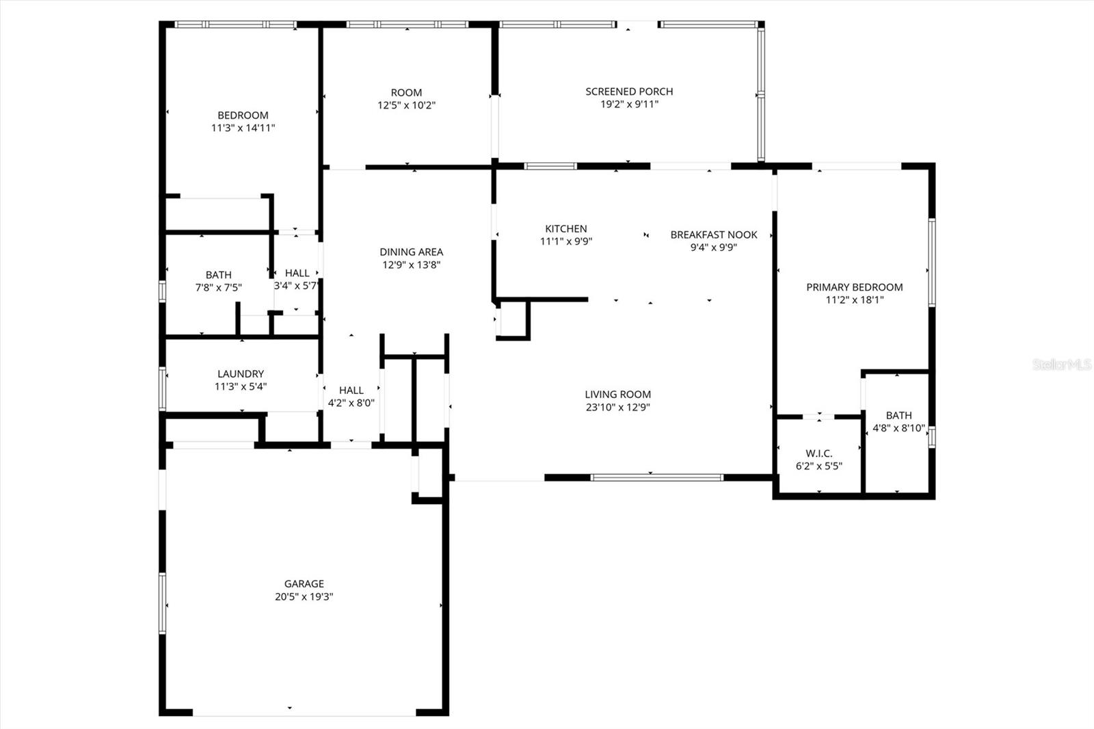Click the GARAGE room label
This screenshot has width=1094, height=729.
coord(304,583)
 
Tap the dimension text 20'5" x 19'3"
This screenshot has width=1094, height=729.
coord(304,596)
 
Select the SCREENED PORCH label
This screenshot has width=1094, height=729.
coord(629,91)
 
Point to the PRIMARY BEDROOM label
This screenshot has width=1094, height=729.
coord(854,287)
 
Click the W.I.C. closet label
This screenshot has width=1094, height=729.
coord(818,453)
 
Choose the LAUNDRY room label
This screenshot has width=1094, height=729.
coord(241,374)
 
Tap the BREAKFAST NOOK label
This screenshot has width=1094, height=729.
coord(714,235)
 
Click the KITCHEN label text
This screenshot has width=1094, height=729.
coord(566,228)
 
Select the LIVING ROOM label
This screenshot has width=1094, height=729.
coord(617,394)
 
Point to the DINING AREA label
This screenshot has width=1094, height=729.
coord(412,252)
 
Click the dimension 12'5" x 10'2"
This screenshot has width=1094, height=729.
coord(407,105)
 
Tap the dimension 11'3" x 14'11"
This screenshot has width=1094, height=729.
coord(243,128)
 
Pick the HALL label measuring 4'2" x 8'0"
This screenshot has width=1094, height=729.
coord(351,390)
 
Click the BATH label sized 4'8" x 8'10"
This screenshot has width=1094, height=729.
coord(898,415)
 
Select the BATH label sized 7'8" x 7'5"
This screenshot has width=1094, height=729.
coord(218,275)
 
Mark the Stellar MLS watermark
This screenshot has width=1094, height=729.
coord(1062,364)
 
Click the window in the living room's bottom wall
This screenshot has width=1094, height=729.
coord(656,477)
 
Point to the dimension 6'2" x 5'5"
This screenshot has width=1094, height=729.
coord(818,466)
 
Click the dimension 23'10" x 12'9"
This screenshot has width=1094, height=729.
coord(617,407)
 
